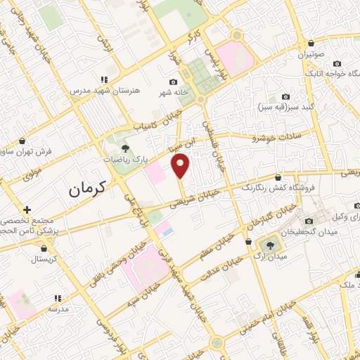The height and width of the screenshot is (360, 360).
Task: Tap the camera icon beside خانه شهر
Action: [174, 82]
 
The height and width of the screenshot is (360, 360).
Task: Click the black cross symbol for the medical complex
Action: [27, 210]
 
